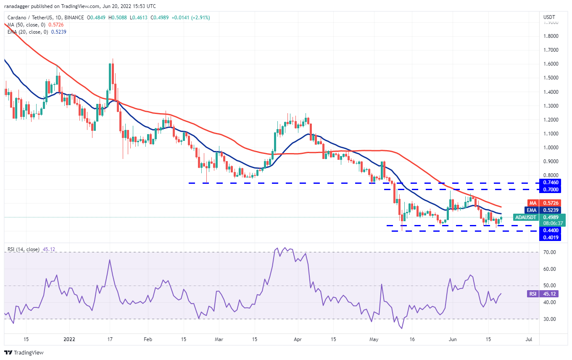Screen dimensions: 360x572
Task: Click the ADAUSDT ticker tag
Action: click(x=525, y=217)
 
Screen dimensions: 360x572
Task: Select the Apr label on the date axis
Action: click(x=298, y=339)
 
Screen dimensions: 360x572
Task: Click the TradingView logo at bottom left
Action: click(x=24, y=352)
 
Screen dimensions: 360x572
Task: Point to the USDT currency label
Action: click(x=549, y=17)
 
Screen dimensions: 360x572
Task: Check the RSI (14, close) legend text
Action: click(x=24, y=249)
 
